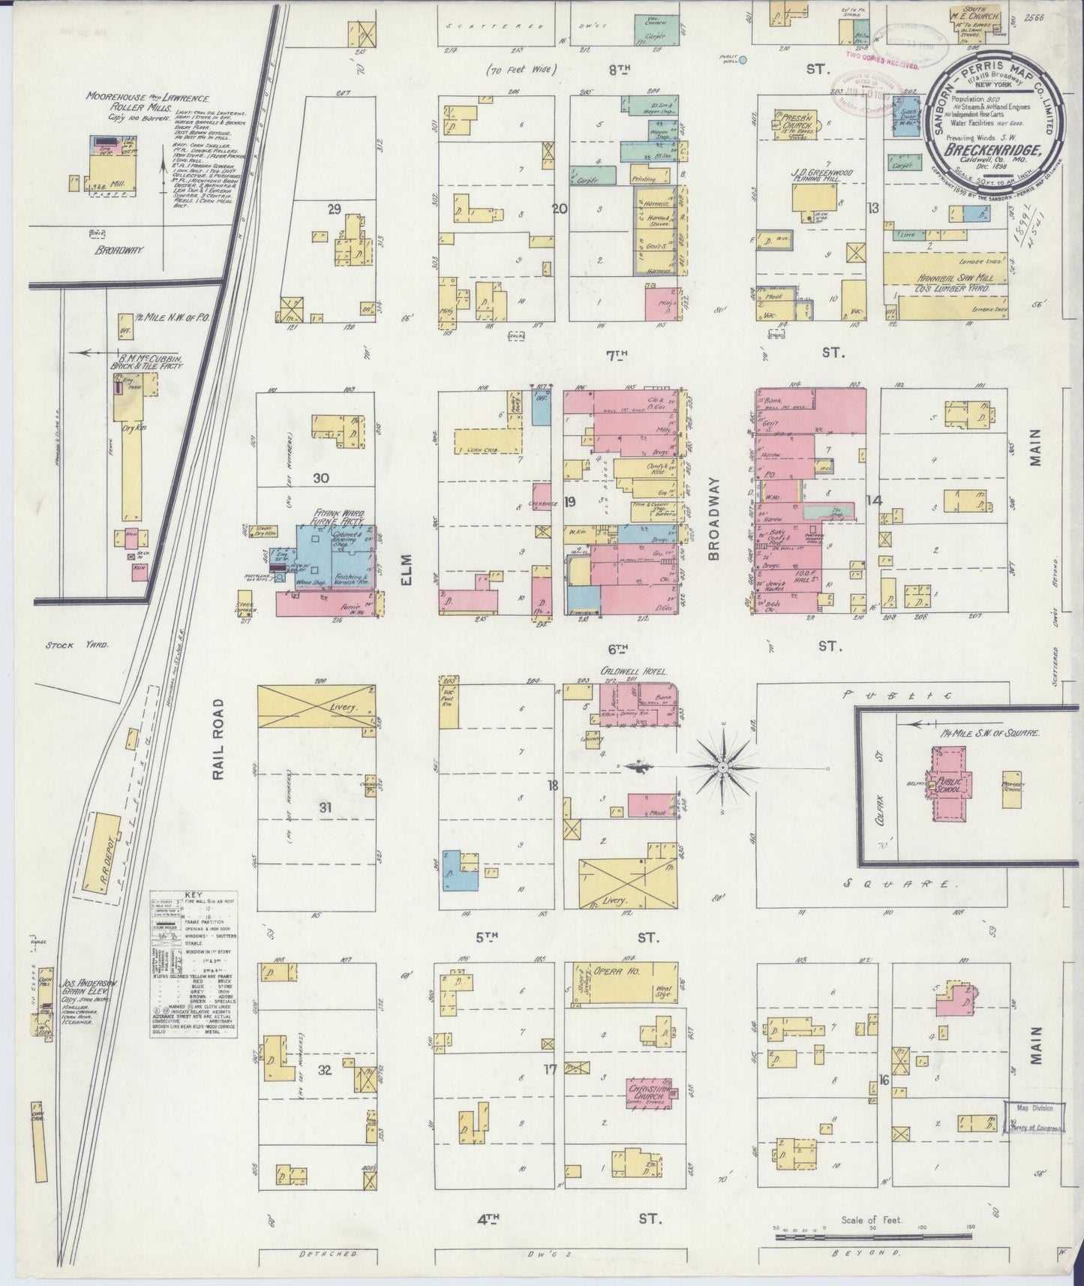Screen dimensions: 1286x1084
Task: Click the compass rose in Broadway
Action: click(x=722, y=768)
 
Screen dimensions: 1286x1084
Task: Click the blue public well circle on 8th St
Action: click(x=743, y=62)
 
